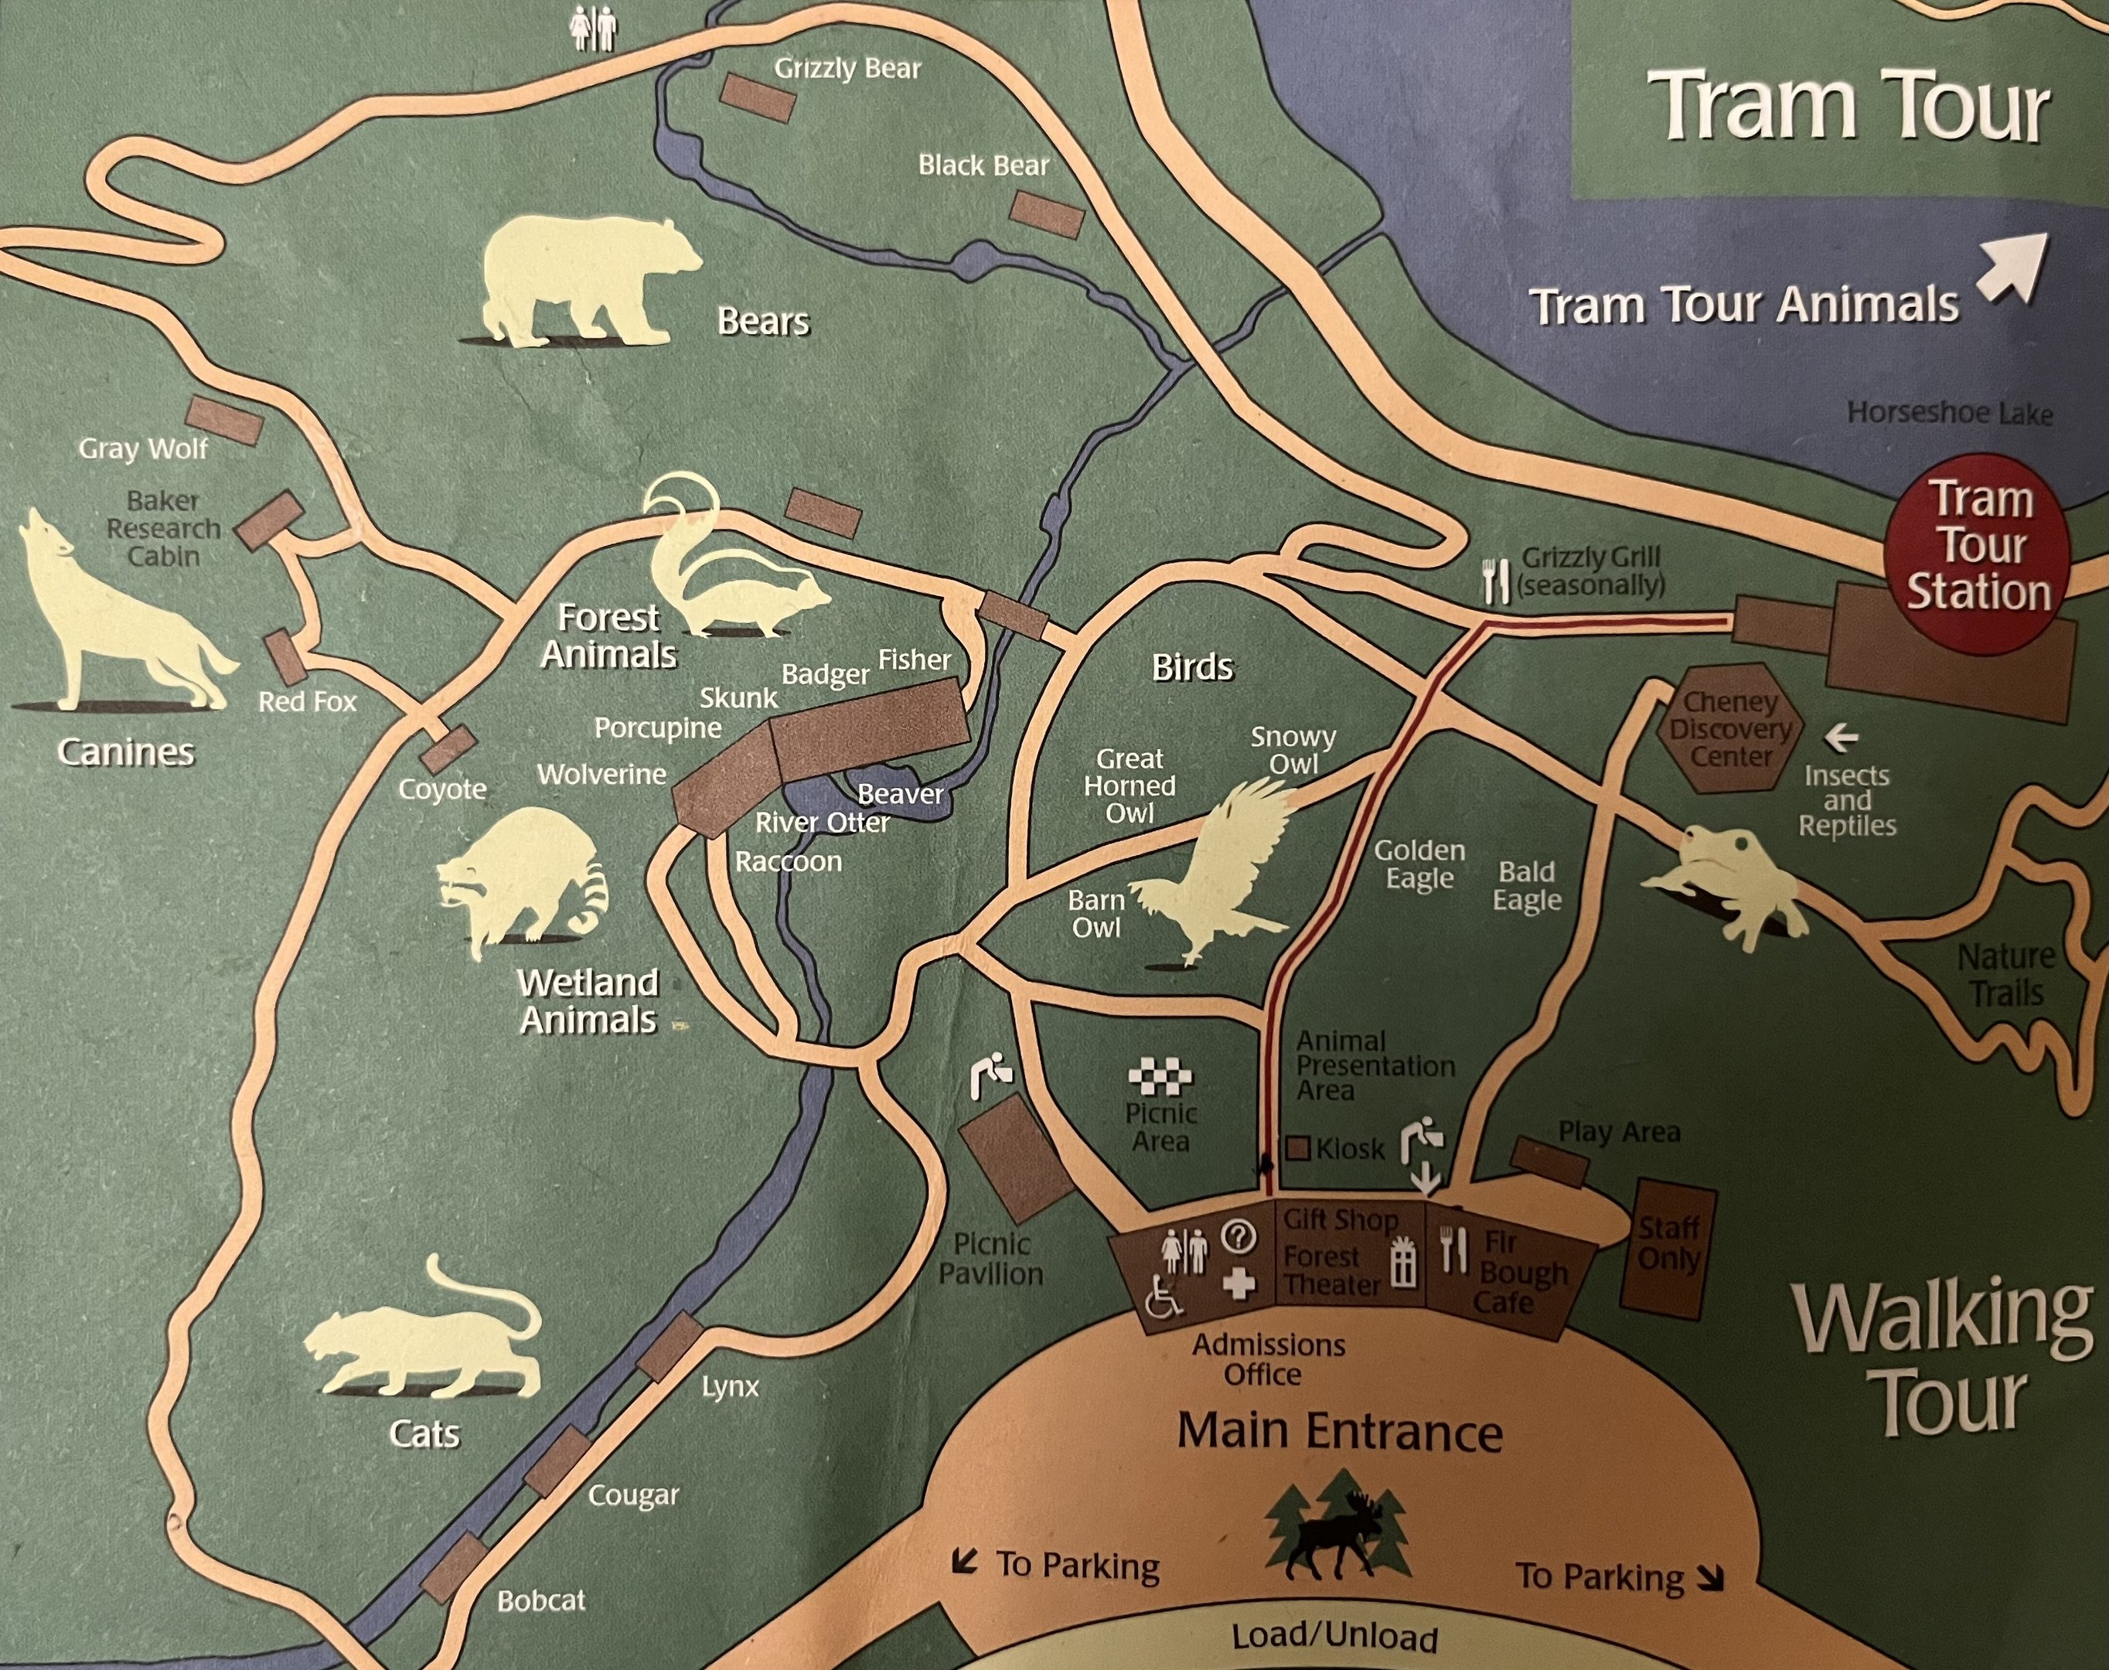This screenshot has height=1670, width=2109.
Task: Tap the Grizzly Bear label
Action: tap(847, 69)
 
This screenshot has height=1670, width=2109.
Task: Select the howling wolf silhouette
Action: tap(118, 611)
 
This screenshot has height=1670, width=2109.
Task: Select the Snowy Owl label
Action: tap(1293, 750)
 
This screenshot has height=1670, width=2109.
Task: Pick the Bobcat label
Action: tap(540, 1600)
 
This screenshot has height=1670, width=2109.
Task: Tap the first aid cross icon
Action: tap(1238, 1283)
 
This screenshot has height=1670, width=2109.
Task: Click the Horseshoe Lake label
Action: tap(1949, 413)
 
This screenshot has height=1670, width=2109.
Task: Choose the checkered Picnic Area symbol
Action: tap(1160, 1079)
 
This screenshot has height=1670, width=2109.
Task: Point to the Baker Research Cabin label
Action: tap(163, 528)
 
